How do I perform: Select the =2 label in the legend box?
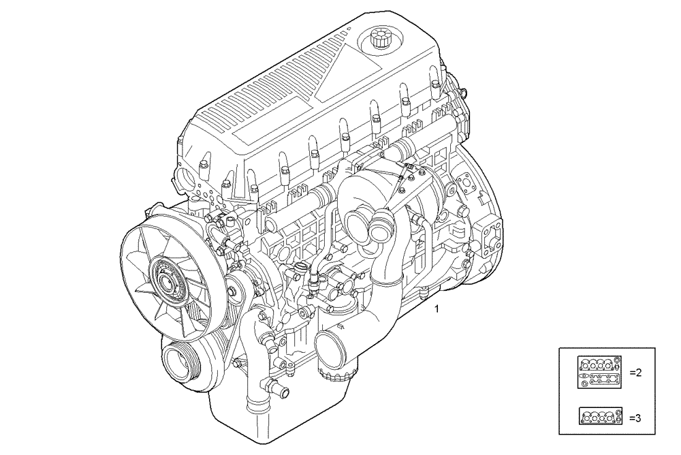coord(636,373)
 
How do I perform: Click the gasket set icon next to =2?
coord(600,373)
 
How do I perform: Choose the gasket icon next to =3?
coord(600,415)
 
